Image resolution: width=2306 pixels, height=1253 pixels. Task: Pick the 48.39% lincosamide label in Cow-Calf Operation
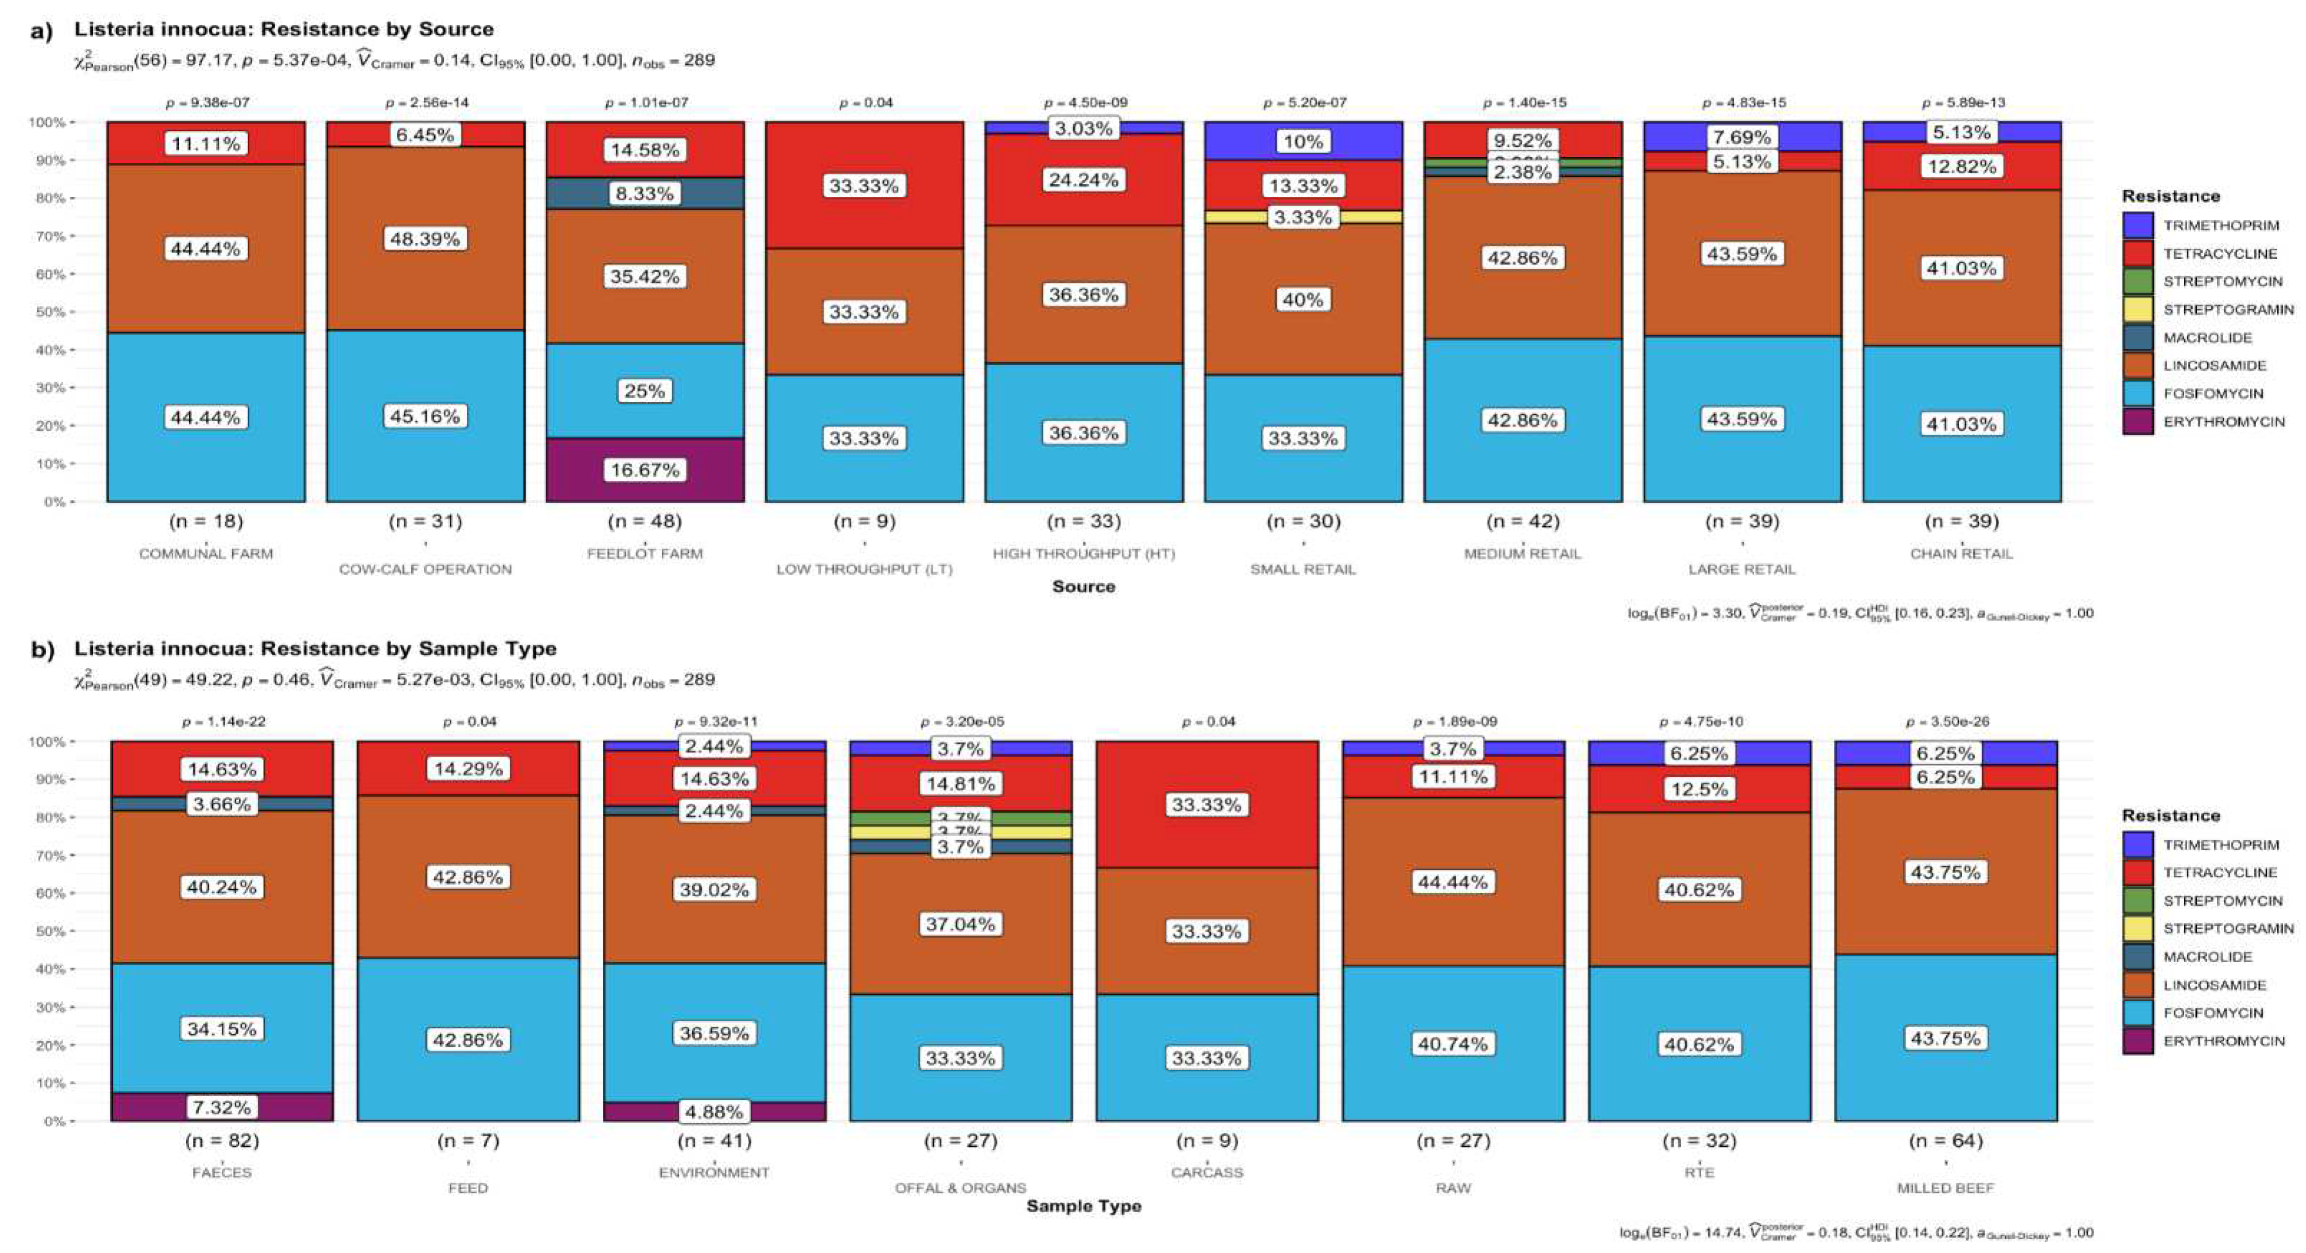coord(425,239)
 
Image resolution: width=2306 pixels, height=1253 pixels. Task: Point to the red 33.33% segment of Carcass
coord(1207,805)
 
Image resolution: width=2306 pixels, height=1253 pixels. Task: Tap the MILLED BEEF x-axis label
coord(1945,1188)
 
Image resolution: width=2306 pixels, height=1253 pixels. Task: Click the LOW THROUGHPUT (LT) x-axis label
coord(864,569)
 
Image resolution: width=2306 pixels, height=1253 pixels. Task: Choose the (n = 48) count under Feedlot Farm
coord(644,521)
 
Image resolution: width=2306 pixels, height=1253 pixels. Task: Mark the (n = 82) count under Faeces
coord(222,1140)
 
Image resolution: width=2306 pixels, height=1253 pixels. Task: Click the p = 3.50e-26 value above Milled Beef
coord(1946,721)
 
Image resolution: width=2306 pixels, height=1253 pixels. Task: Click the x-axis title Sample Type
coord(1083,1205)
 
